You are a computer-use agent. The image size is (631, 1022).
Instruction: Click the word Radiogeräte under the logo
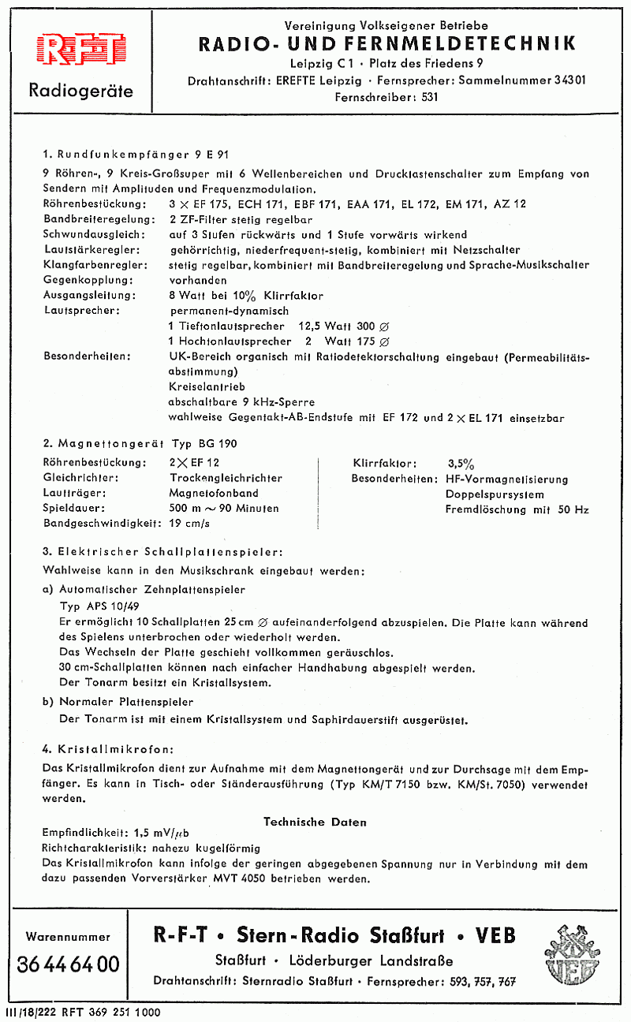[x=80, y=91]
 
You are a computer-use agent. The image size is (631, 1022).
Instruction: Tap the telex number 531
[x=426, y=98]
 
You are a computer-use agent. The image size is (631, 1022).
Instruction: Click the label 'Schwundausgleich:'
[x=94, y=234]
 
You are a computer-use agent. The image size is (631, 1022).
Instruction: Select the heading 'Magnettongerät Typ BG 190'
[x=140, y=443]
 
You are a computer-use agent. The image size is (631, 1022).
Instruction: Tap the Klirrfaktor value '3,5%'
[x=461, y=464]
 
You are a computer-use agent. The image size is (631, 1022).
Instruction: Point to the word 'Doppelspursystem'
[x=495, y=494]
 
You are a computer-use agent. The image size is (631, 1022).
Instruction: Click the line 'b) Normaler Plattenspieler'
[x=118, y=701]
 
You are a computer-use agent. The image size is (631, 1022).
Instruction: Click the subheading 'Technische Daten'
[x=315, y=822]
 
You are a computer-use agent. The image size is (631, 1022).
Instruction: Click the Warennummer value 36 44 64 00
[x=68, y=964]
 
